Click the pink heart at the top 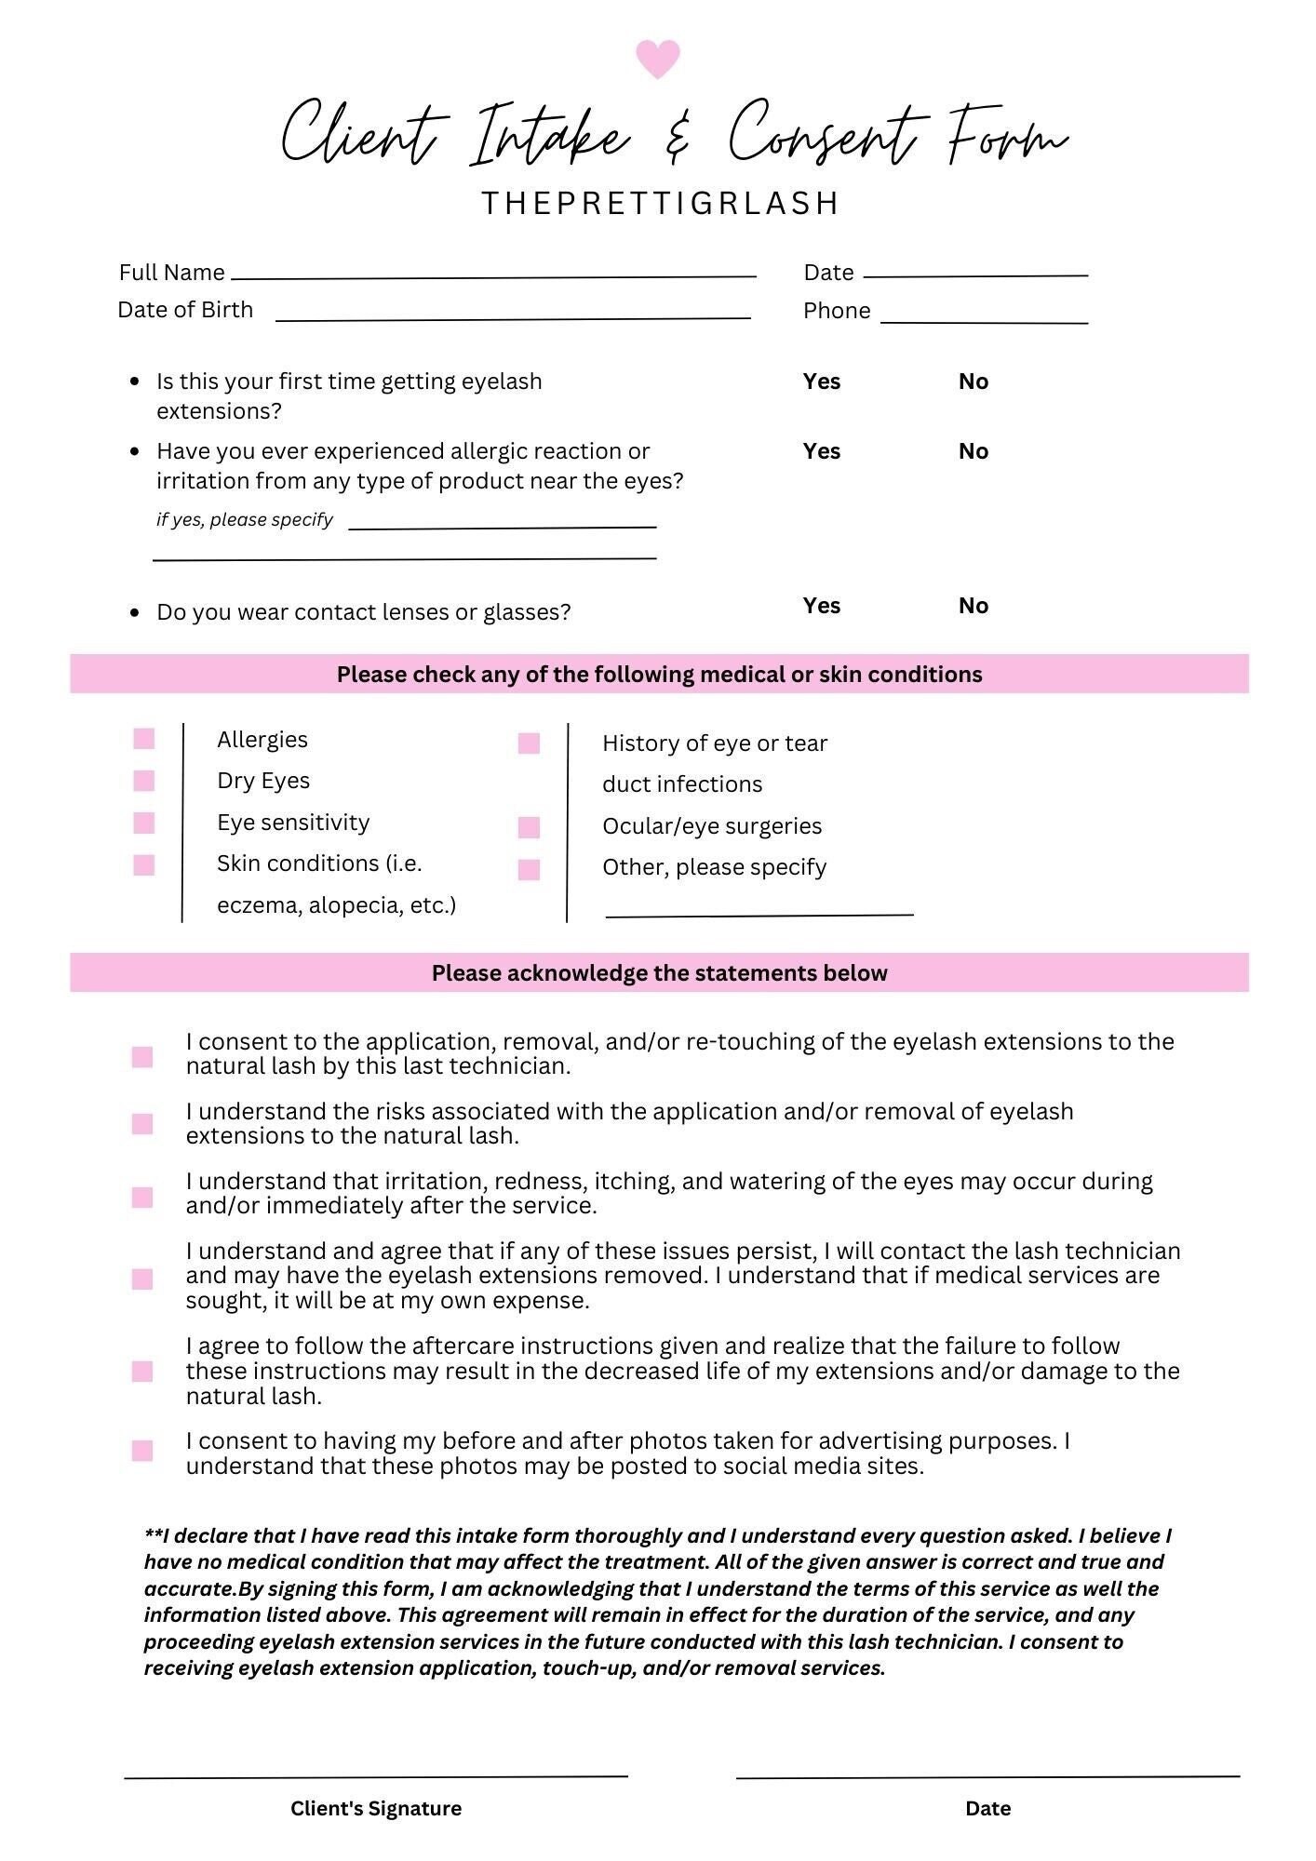657,59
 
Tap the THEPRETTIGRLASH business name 661,203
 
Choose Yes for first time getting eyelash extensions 821,382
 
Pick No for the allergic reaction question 973,451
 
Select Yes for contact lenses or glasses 821,606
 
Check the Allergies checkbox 144,739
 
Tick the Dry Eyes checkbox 144,781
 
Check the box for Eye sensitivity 144,823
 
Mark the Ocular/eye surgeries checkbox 529,827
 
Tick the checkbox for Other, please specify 529,869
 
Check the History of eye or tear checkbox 529,743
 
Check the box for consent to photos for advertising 142,1451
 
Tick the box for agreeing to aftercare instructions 142,1372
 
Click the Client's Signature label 376,1808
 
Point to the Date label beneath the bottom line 987,1808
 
